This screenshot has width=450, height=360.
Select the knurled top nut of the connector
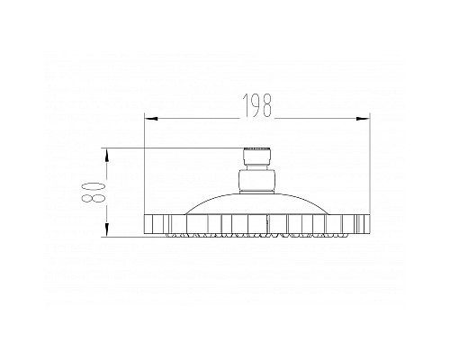coord(256,152)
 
